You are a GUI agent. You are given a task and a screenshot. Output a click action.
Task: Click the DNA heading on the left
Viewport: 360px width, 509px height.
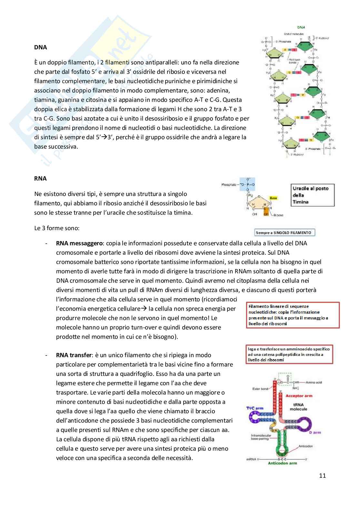pyautogui.click(x=41, y=47)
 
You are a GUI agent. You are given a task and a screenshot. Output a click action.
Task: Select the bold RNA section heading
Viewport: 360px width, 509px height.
pyautogui.click(x=40, y=179)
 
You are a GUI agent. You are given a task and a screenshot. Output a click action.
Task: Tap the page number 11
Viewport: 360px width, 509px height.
pyautogui.click(x=322, y=475)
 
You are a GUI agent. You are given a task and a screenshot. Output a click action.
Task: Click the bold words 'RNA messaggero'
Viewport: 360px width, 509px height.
pyautogui.click(x=79, y=243)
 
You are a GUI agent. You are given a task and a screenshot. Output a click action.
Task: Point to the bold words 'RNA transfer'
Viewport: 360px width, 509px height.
pyautogui.click(x=74, y=355)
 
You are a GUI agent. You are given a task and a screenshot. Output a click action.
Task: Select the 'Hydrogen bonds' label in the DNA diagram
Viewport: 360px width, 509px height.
pyautogui.click(x=294, y=61)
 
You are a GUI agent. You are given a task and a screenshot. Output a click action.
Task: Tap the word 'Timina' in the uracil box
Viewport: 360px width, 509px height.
pyautogui.click(x=301, y=202)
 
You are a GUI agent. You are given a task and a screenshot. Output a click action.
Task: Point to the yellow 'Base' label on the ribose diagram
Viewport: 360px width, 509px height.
pyautogui.click(x=273, y=198)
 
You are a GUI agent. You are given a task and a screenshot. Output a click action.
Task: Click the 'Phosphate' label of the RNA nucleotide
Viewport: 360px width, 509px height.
pyautogui.click(x=229, y=185)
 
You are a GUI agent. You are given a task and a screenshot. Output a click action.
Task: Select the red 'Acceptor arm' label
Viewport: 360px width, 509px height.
pyautogui.click(x=299, y=396)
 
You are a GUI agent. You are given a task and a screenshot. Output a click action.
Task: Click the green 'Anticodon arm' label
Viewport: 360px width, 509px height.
pyautogui.click(x=282, y=463)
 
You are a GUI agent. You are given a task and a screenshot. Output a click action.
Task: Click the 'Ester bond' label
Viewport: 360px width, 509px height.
pyautogui.click(x=260, y=389)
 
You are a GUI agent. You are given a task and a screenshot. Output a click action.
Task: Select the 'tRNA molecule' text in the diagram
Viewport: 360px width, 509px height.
pyautogui.click(x=298, y=407)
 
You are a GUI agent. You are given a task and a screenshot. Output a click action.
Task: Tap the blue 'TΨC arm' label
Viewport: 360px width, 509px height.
pyautogui.click(x=255, y=408)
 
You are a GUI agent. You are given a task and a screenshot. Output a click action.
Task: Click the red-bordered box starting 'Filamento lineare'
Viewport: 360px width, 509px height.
pyautogui.click(x=293, y=315)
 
